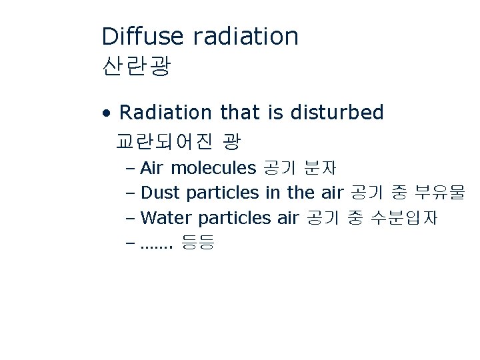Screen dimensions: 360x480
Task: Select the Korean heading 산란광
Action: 137,66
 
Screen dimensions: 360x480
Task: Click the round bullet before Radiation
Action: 107,113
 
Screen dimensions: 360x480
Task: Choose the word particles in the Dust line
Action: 223,193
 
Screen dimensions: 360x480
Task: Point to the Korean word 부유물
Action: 439,193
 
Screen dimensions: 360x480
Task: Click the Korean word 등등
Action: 197,243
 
